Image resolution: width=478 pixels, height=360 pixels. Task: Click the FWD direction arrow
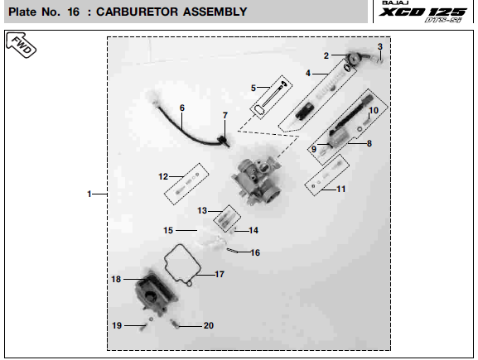tap(21, 45)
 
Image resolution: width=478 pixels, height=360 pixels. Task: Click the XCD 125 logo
tap(422, 12)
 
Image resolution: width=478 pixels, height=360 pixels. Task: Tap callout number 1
tap(89, 194)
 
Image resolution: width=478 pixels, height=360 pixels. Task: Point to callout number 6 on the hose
tap(182, 108)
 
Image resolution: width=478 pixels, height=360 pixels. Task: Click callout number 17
tap(220, 275)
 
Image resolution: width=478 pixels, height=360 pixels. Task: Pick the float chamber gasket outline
tap(182, 264)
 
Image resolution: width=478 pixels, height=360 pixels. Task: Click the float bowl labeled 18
tap(156, 292)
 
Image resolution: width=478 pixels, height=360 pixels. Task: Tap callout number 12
tap(163, 176)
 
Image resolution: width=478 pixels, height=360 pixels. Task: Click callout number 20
tap(209, 325)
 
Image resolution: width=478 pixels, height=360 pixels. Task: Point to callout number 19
tap(117, 325)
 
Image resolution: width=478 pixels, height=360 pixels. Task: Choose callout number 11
tap(341, 190)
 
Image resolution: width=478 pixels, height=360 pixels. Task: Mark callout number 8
tap(369, 143)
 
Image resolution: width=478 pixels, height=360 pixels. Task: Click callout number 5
tap(253, 88)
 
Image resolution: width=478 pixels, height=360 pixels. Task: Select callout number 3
tap(380, 46)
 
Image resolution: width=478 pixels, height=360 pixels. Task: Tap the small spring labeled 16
tap(232, 251)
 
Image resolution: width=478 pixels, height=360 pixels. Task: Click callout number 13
tap(202, 210)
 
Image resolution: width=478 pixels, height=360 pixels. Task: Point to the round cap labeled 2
tap(354, 59)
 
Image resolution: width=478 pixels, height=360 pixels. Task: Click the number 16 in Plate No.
tap(73, 12)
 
